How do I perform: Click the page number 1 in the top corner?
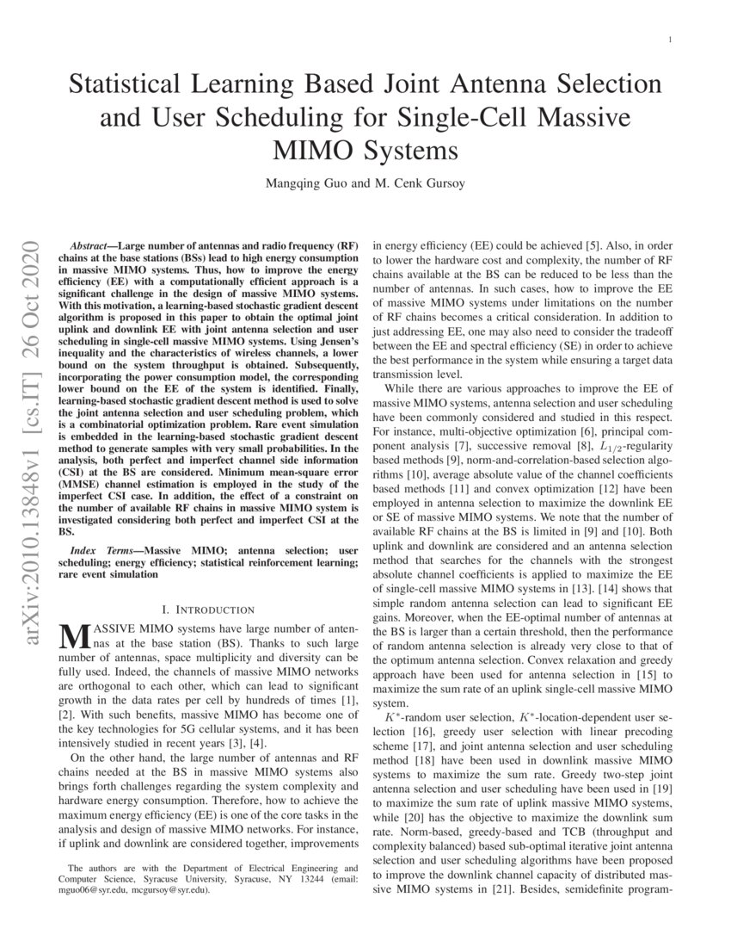click(669, 40)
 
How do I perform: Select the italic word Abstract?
click(91, 246)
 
